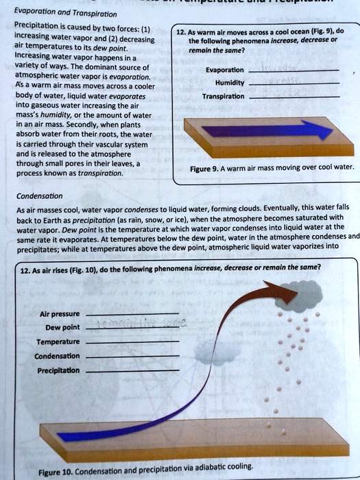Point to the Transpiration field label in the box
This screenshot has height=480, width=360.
pyautogui.click(x=223, y=97)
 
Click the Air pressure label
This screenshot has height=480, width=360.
pyautogui.click(x=60, y=313)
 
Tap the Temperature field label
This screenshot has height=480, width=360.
pyautogui.click(x=59, y=341)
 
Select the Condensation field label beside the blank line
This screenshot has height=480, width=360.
pyautogui.click(x=58, y=356)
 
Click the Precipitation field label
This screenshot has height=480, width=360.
pyautogui.click(x=58, y=370)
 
